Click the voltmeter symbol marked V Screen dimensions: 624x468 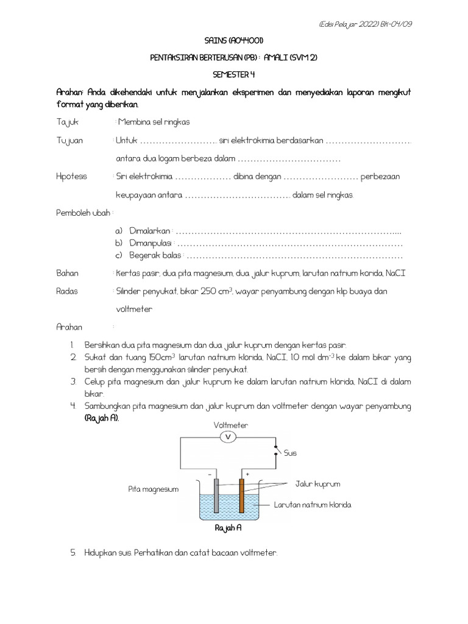pyautogui.click(x=228, y=437)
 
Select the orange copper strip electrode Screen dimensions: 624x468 pyautogui.click(x=242, y=495)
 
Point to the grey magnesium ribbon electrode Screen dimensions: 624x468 pyautogui.click(x=216, y=495)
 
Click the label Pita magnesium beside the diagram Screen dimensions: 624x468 pyautogui.click(x=153, y=489)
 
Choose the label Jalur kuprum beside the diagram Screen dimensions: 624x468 pyautogui.click(x=317, y=484)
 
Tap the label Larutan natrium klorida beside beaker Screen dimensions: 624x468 pyautogui.click(x=313, y=505)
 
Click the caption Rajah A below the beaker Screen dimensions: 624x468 pyautogui.click(x=229, y=528)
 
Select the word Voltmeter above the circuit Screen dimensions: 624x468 pyautogui.click(x=230, y=425)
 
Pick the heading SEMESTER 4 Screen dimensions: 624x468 pyautogui.click(x=234, y=74)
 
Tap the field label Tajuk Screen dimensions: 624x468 pyautogui.click(x=68, y=122)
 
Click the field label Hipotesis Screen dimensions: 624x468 pyautogui.click(x=71, y=176)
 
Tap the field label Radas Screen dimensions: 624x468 pyautogui.click(x=66, y=291)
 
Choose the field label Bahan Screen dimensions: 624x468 pyautogui.click(x=67, y=273)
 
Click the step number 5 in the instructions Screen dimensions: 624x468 pyautogui.click(x=73, y=553)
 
